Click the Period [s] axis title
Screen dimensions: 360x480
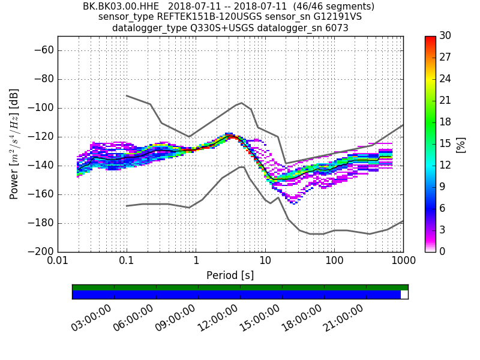pos(230,275)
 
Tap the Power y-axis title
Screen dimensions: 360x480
pos(14,144)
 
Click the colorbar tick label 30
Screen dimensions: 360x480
pos(445,36)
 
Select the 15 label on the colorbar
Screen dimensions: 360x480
pos(445,143)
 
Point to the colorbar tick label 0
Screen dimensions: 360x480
pos(442,251)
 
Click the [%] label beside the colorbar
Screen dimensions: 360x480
pos(461,144)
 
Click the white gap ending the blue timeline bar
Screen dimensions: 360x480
pos(404,295)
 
